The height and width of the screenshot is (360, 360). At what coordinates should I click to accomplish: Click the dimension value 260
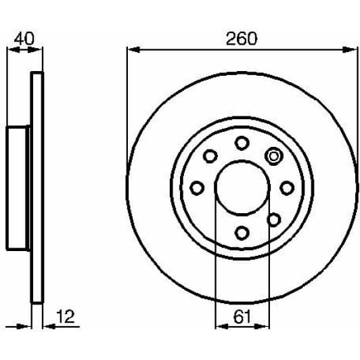[x=242, y=39]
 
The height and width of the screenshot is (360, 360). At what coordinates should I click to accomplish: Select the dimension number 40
[x=24, y=39]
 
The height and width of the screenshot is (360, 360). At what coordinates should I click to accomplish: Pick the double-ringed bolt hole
[x=274, y=156]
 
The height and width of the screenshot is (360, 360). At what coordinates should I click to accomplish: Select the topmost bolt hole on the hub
[x=242, y=143]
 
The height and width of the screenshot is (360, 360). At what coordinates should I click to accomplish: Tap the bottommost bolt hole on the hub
[x=242, y=233]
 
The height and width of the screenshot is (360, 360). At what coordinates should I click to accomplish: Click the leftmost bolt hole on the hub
[x=197, y=187]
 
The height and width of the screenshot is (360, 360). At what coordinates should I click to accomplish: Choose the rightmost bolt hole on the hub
[x=287, y=187]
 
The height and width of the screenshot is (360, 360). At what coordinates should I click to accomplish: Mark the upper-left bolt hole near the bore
[x=210, y=156]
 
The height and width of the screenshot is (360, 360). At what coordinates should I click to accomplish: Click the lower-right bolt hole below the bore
[x=274, y=219]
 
